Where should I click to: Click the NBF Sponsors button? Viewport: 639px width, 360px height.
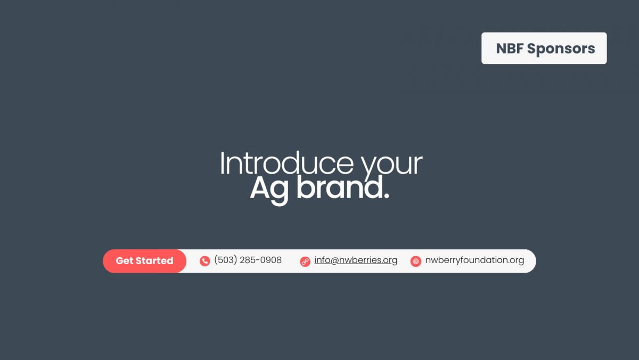pos(544,48)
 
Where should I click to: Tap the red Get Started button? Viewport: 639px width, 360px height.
pos(145,261)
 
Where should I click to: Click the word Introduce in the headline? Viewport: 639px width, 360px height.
pos(286,163)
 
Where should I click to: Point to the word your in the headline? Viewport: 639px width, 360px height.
pos(392,166)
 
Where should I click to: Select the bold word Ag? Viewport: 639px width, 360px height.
pos(269,189)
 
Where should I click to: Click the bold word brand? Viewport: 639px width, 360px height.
pos(340,187)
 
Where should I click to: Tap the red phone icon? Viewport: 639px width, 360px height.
pos(204,261)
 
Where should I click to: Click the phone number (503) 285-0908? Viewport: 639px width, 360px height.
pos(248,260)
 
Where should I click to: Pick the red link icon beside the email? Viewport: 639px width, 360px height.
pos(305,261)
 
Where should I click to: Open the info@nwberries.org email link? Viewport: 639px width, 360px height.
pos(356,260)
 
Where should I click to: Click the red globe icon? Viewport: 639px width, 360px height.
pos(416,261)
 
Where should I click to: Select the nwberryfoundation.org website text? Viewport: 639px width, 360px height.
pos(474,260)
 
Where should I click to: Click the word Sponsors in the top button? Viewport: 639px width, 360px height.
pos(561,48)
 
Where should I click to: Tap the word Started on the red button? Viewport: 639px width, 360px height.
pos(154,261)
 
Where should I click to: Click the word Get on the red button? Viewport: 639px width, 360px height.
pos(125,261)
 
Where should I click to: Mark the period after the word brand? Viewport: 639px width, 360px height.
pos(386,195)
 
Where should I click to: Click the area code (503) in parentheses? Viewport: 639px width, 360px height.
pos(226,260)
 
